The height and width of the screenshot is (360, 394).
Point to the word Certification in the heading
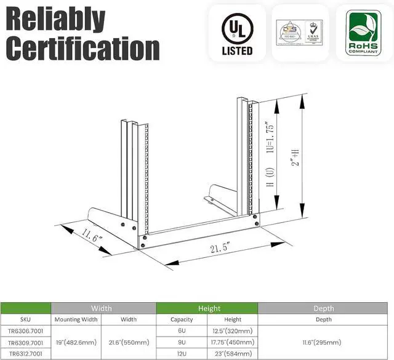[x=82, y=47]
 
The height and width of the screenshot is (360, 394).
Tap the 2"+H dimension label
[x=296, y=153]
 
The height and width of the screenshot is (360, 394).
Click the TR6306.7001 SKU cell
[x=25, y=330]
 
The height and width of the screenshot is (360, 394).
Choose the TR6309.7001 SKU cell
[x=25, y=342]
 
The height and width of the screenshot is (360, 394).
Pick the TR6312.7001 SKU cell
[x=25, y=353]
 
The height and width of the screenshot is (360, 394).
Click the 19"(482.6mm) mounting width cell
[x=76, y=342]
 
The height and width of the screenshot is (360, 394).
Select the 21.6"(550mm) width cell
[x=129, y=342]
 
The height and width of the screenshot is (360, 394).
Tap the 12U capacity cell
[x=182, y=353]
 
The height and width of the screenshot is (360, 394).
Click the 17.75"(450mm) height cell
[x=232, y=342]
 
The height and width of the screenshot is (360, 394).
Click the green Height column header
[x=206, y=308]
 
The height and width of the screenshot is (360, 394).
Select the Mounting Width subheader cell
[x=76, y=319]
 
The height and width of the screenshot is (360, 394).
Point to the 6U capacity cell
[x=182, y=330]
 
